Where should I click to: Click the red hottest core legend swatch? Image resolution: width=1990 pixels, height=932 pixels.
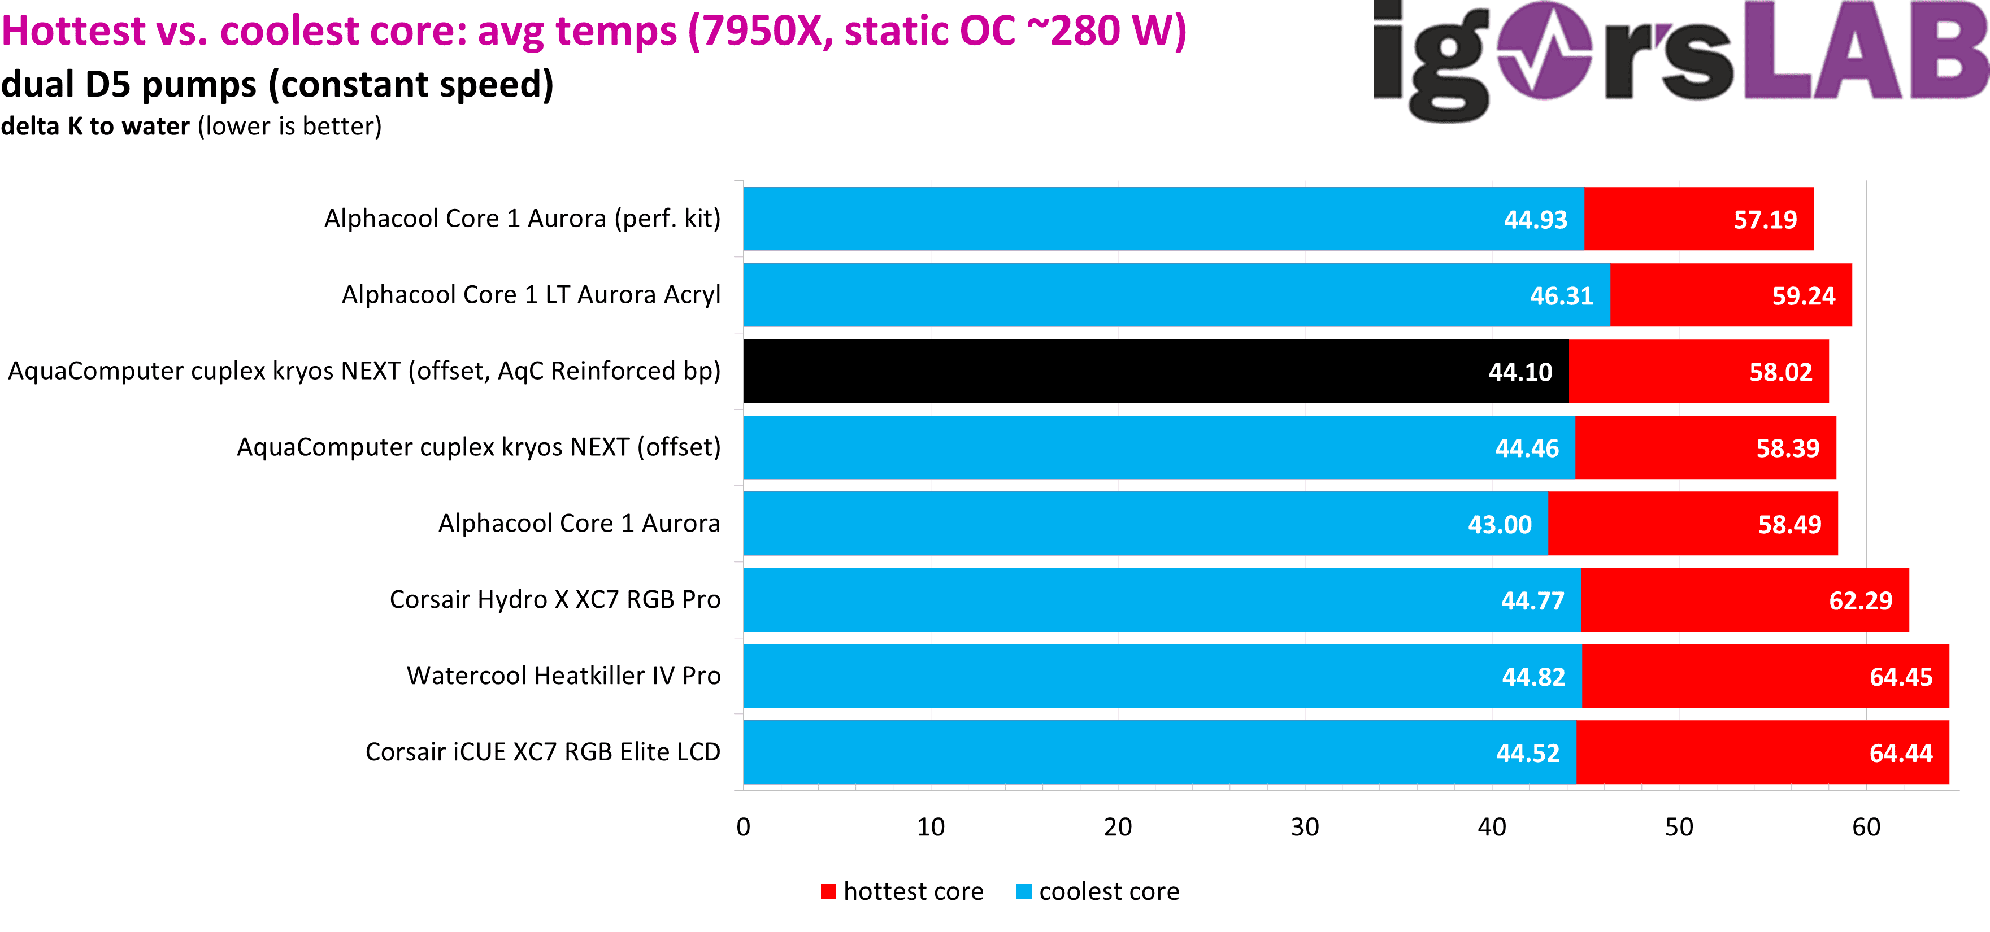click(828, 892)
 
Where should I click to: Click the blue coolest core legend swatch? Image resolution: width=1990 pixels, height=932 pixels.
click(1024, 892)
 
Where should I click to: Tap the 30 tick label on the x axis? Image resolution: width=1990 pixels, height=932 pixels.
click(1305, 828)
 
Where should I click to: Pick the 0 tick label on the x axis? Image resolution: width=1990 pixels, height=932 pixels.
click(743, 828)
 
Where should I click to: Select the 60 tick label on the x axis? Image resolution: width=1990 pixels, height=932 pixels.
click(1866, 828)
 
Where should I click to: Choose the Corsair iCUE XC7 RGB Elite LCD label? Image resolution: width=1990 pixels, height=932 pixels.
click(542, 752)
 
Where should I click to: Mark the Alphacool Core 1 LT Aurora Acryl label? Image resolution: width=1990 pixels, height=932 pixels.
click(531, 295)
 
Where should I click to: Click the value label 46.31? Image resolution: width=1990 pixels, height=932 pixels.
click(1561, 297)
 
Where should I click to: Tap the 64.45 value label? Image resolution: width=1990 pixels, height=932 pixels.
click(1900, 677)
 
